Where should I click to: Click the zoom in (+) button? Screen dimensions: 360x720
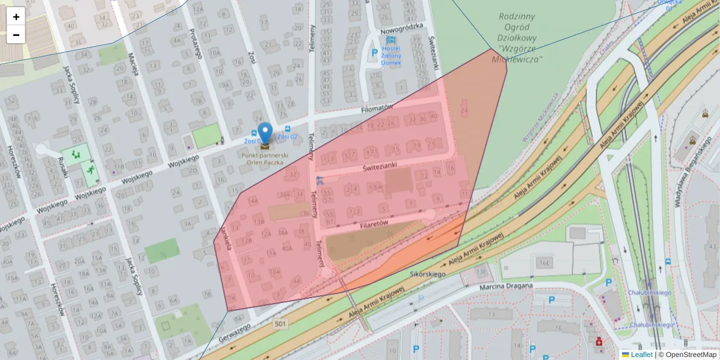pyautogui.click(x=16, y=17)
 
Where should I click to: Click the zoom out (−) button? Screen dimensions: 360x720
pyautogui.click(x=16, y=35)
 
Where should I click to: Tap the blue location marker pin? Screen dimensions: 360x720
pyautogui.click(x=265, y=134)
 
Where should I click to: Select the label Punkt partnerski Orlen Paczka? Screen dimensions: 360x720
pyautogui.click(x=265, y=158)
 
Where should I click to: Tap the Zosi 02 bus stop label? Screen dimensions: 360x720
pyautogui.click(x=288, y=137)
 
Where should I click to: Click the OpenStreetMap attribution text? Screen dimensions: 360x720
pyautogui.click(x=687, y=355)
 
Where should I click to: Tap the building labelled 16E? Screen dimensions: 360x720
pyautogui.click(x=544, y=263)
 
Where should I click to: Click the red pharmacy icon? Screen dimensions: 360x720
pyautogui.click(x=598, y=341)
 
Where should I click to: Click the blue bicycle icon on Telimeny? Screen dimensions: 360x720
pyautogui.click(x=320, y=179)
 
